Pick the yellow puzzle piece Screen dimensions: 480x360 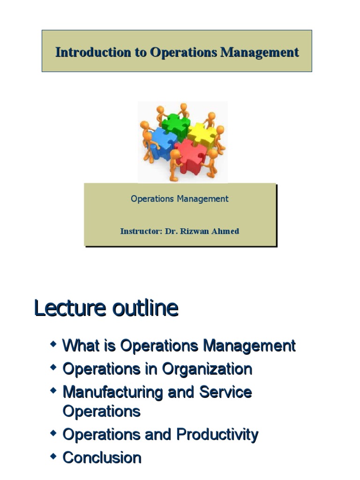[202, 134]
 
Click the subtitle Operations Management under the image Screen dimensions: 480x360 [180, 199]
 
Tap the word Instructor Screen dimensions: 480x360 [140, 231]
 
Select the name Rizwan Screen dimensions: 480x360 [195, 231]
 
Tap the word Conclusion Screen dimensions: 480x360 [102, 457]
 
